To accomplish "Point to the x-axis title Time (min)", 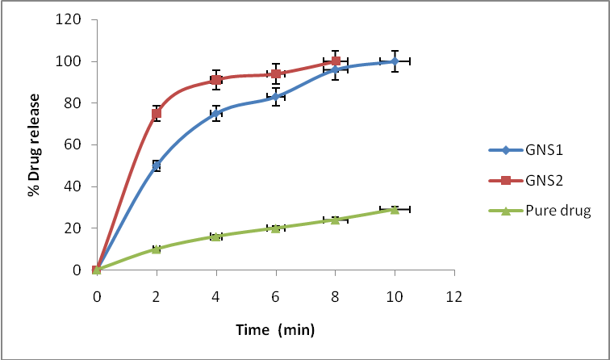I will tap(275, 329).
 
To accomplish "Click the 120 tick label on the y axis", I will tap(69, 19).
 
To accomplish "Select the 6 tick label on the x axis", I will tap(275, 295).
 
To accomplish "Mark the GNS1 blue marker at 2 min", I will tap(157, 165).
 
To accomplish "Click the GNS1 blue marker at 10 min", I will tap(395, 61).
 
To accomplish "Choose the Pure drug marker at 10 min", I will tap(395, 209).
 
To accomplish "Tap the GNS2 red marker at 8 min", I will tap(335, 61).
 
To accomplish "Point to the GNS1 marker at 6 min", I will tap(275, 97).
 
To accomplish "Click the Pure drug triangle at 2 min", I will tap(157, 249).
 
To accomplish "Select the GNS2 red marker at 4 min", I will tap(216, 80).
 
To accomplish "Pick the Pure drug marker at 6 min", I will tap(275, 228).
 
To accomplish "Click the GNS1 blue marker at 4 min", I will tap(216, 114).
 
